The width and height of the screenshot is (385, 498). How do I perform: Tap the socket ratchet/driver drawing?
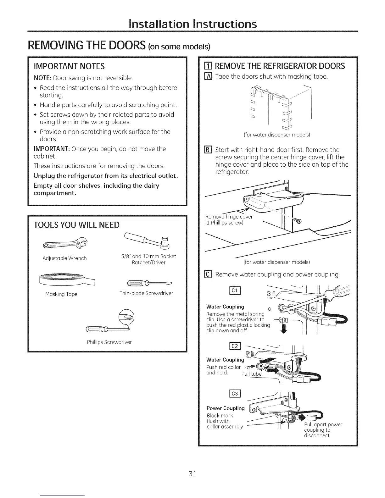tap(148, 240)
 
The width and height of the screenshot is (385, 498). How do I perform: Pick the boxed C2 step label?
tap(235, 346)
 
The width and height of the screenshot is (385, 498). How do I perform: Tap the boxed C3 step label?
tap(235, 394)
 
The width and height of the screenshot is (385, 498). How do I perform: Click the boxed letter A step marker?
tap(209, 77)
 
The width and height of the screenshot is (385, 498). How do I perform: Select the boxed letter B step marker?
tap(209, 150)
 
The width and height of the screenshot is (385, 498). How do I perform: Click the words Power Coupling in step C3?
tap(225, 408)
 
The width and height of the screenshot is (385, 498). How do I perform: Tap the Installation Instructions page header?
tap(192, 24)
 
